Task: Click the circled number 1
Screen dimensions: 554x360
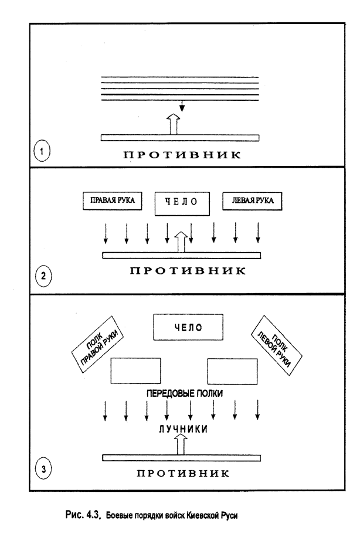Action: coord(42,152)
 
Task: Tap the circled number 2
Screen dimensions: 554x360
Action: coord(43,275)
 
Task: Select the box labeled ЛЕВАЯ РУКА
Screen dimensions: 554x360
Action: coord(252,201)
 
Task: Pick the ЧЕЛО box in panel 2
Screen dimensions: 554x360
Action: coord(182,203)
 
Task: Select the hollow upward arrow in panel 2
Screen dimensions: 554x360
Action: coord(182,242)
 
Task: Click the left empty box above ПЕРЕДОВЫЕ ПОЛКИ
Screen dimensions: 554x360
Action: coord(135,371)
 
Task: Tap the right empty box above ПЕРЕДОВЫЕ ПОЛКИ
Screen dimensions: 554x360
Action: coord(232,371)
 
